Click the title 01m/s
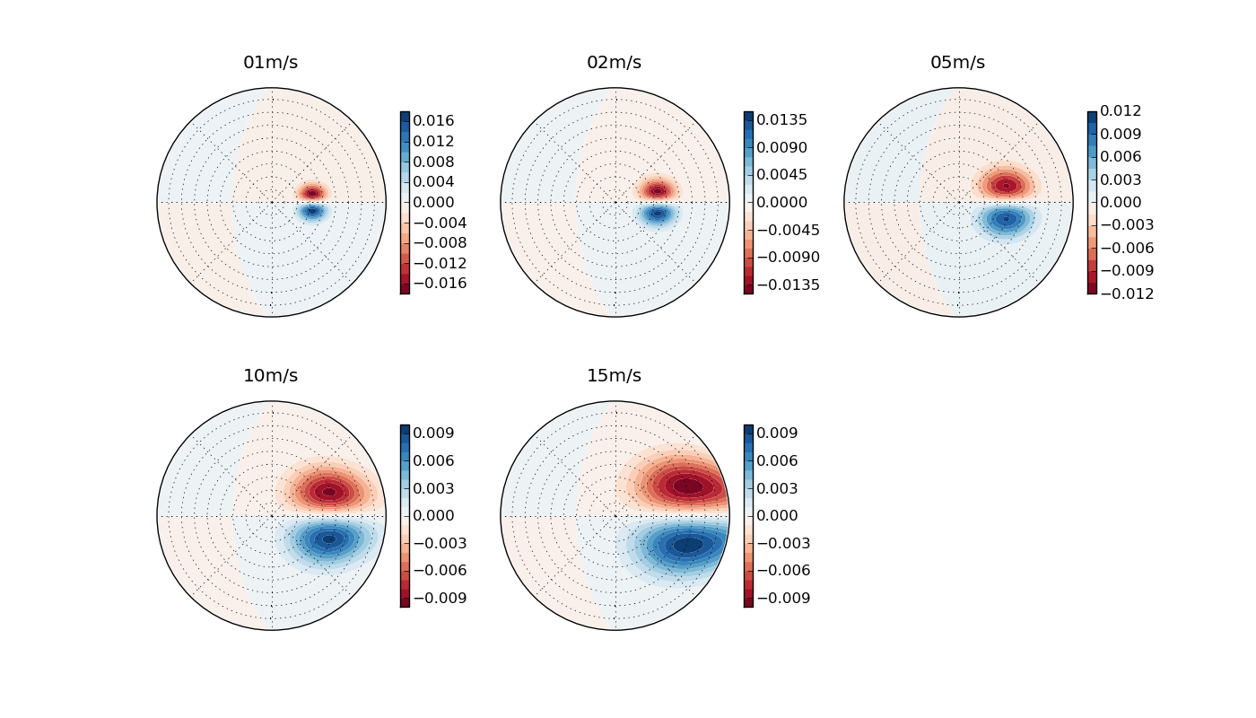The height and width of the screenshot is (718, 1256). coord(270,63)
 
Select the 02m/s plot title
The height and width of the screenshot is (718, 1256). coord(614,63)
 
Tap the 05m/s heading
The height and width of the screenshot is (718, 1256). coord(957,63)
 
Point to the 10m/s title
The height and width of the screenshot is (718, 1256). coord(270,376)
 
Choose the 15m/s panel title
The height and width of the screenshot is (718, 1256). coord(614,376)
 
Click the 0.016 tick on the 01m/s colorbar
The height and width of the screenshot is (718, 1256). coord(433,120)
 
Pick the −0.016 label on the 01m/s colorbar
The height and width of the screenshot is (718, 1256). coord(433,284)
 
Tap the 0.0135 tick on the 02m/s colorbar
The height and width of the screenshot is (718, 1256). coord(781,120)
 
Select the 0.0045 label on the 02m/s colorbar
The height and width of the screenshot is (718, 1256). coord(781,175)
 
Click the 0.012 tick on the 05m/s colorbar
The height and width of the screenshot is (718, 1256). coord(1121,111)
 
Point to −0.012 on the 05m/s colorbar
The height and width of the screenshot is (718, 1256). coord(1121,293)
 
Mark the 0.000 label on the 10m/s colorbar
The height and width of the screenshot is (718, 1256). coord(433,516)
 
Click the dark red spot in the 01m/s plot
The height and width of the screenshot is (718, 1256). coord(312,193)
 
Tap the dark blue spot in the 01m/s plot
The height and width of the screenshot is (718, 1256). coord(312,211)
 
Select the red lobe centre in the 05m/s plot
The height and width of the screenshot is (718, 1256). coord(1006,186)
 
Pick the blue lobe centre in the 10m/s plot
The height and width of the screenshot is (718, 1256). coord(328,538)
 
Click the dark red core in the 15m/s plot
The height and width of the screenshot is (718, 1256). coord(688,486)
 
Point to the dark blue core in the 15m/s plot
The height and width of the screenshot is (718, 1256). coord(688,545)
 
